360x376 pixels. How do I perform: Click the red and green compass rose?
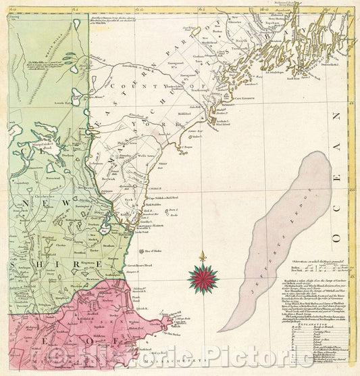pos(203,277)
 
